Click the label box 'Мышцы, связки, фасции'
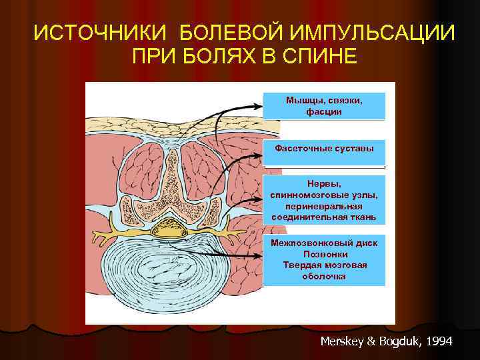click(x=324, y=105)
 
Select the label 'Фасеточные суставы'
click(x=324, y=147)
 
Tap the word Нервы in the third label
click(x=324, y=183)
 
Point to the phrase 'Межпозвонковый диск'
click(x=324, y=243)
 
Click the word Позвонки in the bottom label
click(x=324, y=254)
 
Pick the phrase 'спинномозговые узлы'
click(x=324, y=195)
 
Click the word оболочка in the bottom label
click(x=324, y=277)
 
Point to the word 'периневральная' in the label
click(x=324, y=206)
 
